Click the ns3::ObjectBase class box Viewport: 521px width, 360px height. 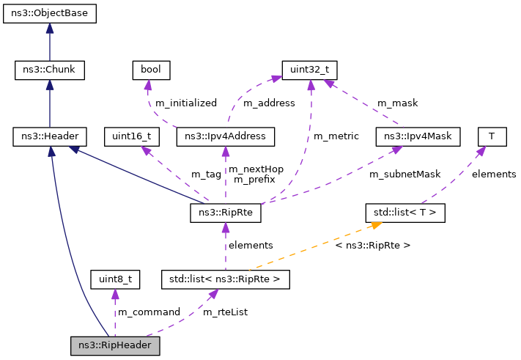pos(49,14)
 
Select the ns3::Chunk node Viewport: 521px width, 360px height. pos(50,70)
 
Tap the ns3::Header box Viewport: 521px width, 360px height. pos(50,136)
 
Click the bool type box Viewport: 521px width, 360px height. pos(151,70)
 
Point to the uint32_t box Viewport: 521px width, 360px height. pos(310,70)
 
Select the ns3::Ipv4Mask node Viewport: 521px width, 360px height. pos(417,136)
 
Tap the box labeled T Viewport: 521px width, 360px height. pos(491,136)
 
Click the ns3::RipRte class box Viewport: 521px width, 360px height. pos(225,213)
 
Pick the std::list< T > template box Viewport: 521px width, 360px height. pos(405,213)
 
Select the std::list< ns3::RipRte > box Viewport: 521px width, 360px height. pos(225,279)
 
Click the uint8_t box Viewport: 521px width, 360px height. pos(114,279)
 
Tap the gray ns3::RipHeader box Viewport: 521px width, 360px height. pos(114,345)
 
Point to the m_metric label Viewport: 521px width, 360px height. pos(336,136)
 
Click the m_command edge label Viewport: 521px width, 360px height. pos(149,312)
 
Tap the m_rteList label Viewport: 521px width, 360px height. pos(225,312)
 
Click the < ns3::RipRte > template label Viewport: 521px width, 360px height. pos(372,245)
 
